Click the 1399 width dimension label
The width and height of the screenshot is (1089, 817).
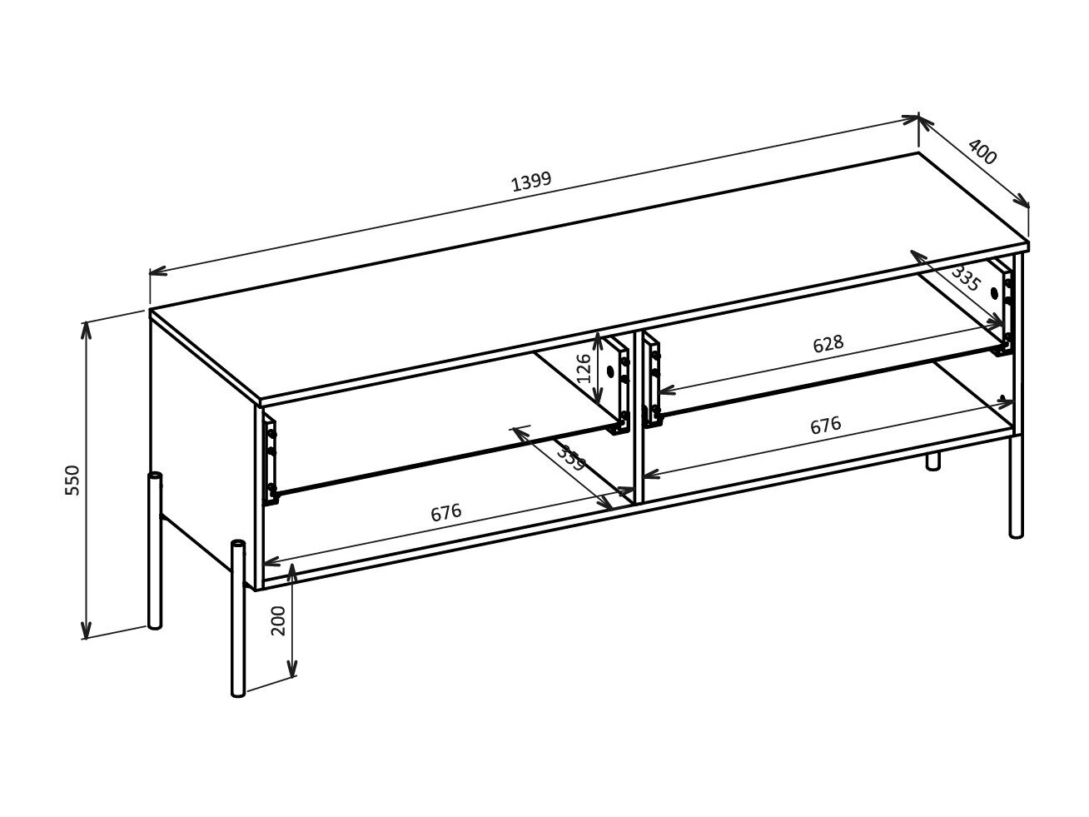point(531,182)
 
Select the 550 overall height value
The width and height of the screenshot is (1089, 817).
point(73,481)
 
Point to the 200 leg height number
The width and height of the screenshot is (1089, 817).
point(279,620)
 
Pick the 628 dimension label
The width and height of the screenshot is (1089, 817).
point(828,343)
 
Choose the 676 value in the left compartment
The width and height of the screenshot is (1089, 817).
point(446,512)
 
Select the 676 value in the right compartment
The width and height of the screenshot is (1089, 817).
point(825,425)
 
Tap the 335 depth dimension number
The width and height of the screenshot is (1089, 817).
point(965,277)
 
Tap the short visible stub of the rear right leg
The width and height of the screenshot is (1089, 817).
point(933,461)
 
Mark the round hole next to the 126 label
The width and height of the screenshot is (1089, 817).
point(609,371)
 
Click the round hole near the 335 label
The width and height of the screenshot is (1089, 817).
point(995,292)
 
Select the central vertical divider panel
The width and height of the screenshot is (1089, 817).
point(639,416)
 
